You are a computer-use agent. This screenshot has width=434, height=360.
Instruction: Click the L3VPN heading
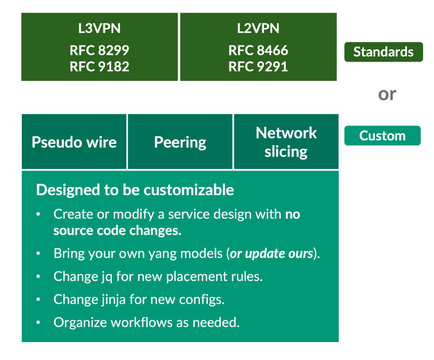click(99, 28)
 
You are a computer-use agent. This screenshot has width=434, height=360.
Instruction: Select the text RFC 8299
click(99, 50)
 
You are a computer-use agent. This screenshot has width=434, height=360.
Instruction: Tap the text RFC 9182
click(99, 67)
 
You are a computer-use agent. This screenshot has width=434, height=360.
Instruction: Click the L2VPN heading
click(258, 28)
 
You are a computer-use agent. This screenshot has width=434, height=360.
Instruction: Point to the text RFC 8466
click(258, 50)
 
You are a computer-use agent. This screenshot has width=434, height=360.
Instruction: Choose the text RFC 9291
click(258, 67)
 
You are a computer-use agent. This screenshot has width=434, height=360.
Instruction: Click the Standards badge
click(383, 52)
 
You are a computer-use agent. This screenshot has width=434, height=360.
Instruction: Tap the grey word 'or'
click(387, 94)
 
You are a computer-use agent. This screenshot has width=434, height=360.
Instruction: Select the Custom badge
click(382, 135)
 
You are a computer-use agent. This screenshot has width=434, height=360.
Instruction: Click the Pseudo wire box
click(74, 142)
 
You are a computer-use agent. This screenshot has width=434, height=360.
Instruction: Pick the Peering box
click(180, 142)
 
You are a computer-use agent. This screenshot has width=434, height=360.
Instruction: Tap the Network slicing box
click(286, 142)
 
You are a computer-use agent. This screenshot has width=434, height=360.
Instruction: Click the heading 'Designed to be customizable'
click(135, 190)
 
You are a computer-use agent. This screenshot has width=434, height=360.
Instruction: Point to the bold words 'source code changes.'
click(117, 230)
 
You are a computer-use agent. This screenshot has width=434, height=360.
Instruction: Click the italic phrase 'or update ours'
click(271, 253)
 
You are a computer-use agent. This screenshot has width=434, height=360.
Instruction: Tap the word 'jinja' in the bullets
click(117, 299)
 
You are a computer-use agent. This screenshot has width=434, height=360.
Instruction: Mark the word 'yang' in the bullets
click(158, 254)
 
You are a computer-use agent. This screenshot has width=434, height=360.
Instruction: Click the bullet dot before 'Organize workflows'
click(39, 323)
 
